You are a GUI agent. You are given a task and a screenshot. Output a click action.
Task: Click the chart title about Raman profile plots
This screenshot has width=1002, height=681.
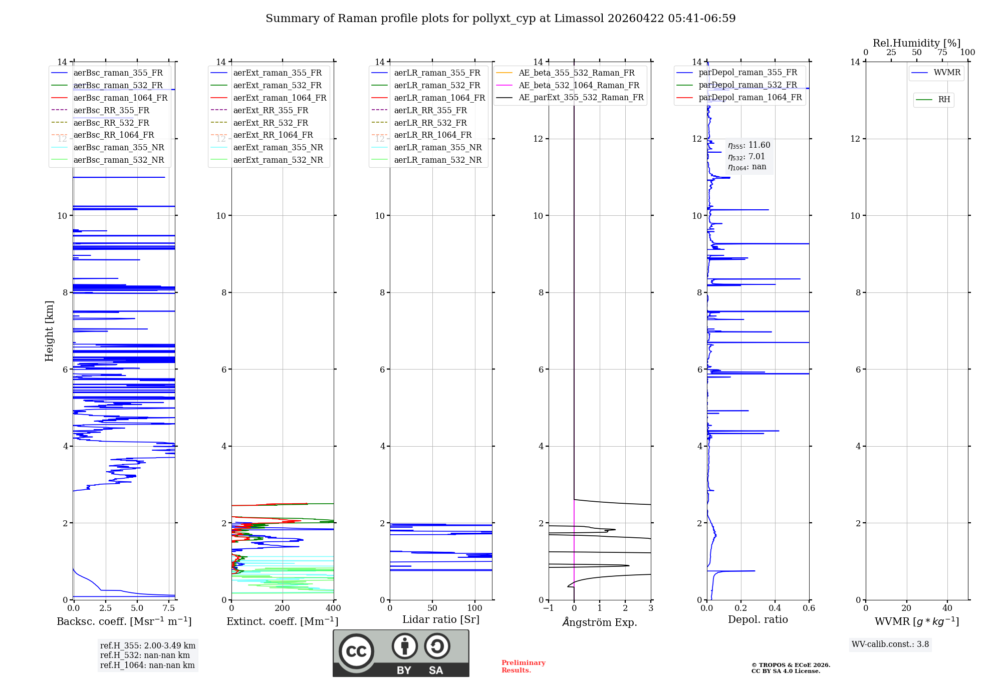[x=500, y=19]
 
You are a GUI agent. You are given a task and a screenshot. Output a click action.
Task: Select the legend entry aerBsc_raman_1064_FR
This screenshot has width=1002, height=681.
[x=120, y=98]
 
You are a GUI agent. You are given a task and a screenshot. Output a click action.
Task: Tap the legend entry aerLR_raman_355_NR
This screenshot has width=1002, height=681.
[x=437, y=147]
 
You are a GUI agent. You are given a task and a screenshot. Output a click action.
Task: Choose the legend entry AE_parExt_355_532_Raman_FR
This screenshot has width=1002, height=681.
[x=581, y=97]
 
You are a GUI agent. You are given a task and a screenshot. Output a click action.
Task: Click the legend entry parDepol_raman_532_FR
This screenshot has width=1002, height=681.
[x=747, y=85]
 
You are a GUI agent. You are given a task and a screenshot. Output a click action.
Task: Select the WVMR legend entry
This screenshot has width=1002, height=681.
[x=947, y=73]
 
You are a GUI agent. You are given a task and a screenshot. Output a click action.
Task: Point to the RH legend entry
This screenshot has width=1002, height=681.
[x=944, y=100]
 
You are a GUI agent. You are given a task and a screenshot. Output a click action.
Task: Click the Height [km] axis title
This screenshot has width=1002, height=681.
[x=49, y=331]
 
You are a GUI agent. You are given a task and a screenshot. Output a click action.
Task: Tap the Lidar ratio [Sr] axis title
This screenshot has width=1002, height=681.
[x=441, y=619]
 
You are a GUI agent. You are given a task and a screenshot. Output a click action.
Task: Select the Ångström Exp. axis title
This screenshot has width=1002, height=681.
[x=600, y=622]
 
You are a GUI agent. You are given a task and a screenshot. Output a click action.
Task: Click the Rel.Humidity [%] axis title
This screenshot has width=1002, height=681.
[x=916, y=43]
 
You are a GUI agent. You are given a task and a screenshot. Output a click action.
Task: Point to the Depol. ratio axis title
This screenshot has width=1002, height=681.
[x=758, y=619]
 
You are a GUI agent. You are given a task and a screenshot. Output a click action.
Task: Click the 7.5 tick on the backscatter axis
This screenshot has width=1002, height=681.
[x=169, y=608]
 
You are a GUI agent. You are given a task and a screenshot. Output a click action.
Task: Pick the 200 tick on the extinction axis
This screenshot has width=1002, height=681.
[x=283, y=608]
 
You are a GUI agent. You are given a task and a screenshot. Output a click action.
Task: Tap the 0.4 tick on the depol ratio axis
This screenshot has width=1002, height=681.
[x=775, y=608]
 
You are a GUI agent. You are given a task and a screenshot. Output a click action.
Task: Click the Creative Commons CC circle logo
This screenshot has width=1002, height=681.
[x=356, y=651]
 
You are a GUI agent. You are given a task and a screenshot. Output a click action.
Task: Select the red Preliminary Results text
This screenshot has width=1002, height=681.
[x=523, y=666]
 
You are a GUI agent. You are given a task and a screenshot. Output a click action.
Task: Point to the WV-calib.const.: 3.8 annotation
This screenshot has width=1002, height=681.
[x=890, y=644]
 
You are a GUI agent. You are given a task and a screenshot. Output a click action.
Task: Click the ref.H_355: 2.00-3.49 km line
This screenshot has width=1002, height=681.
[x=148, y=645]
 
